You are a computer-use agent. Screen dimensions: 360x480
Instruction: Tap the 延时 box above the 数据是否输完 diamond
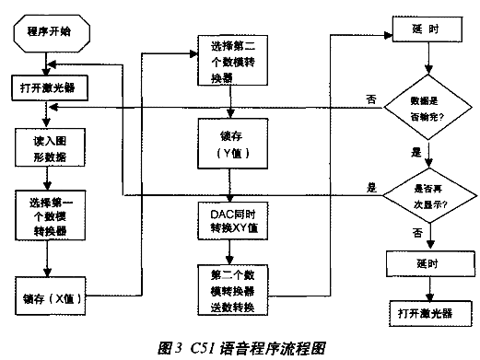click(x=425, y=29)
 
